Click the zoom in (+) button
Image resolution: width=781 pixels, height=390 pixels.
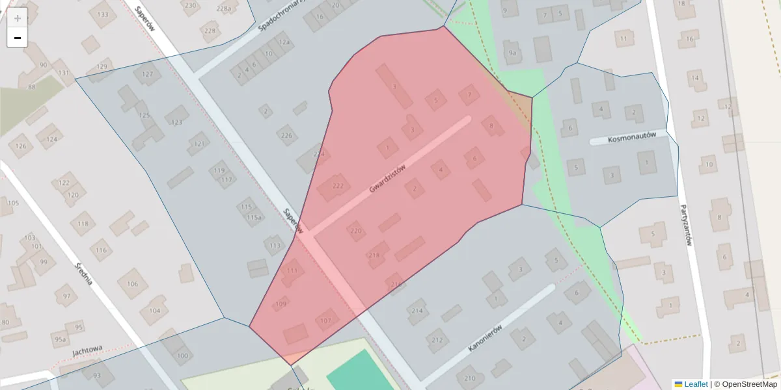point(18,18)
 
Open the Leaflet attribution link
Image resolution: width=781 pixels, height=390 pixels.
point(696,384)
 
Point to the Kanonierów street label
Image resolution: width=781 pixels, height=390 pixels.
point(487,338)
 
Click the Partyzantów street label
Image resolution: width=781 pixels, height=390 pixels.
point(686,226)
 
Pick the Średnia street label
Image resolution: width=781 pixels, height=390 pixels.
point(84,274)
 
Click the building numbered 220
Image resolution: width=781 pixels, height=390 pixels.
point(355,231)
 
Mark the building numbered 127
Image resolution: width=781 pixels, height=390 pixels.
point(148,74)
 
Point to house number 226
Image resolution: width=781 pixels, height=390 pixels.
point(286,135)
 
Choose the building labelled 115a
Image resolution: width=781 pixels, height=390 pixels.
point(254,217)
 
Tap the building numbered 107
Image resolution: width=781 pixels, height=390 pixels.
point(326,320)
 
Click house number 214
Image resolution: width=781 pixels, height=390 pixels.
point(417,311)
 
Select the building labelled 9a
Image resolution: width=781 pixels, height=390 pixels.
point(513,53)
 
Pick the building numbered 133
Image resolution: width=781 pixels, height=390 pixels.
point(103,14)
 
